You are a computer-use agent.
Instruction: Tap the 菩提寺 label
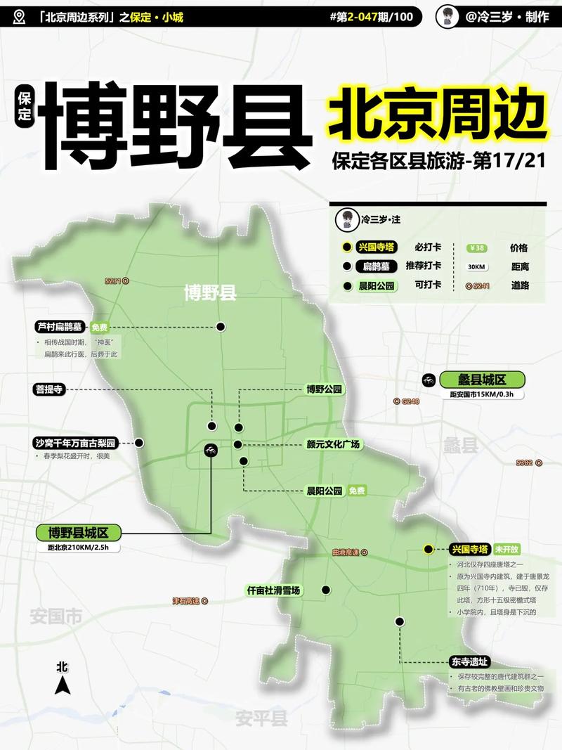pyautogui.click(x=50, y=389)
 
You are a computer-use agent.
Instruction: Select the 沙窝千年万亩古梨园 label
pyautogui.click(x=74, y=443)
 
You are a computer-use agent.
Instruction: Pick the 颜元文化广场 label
pyautogui.click(x=333, y=444)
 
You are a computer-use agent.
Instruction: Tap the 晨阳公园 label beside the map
pyautogui.click(x=324, y=491)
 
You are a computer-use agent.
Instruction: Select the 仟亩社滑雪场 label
pyautogui.click(x=273, y=590)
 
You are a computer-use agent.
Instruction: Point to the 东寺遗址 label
pyautogui.click(x=469, y=661)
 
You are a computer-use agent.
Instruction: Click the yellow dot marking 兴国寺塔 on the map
pyautogui.click(x=428, y=549)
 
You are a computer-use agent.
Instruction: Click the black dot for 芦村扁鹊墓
pyautogui.click(x=221, y=327)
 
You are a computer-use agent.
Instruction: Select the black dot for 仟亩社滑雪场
pyautogui.click(x=325, y=590)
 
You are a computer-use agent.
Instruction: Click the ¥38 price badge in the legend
pyautogui.click(x=477, y=248)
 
